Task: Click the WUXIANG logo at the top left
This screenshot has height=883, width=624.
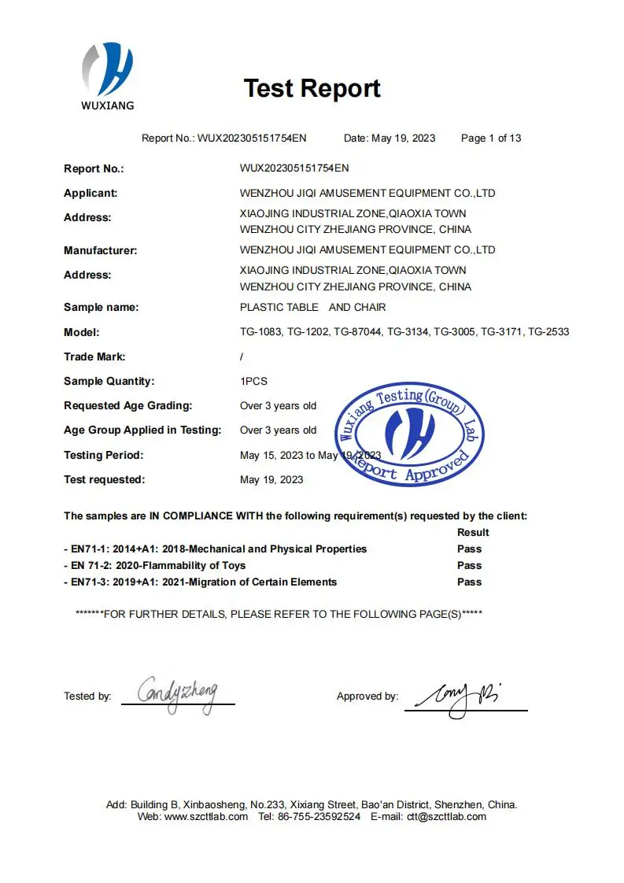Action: (108, 75)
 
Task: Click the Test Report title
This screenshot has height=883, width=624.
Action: (312, 88)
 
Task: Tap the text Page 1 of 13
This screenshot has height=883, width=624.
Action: (491, 139)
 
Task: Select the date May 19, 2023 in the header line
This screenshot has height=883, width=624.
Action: (403, 139)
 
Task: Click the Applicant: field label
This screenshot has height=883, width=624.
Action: (90, 193)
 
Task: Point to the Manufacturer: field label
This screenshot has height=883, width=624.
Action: (100, 250)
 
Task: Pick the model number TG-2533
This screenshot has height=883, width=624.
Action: (548, 332)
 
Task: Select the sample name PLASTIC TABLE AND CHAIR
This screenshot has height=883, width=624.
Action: (312, 307)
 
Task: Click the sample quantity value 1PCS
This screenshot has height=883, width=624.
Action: (253, 381)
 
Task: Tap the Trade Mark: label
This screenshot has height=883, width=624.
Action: (94, 357)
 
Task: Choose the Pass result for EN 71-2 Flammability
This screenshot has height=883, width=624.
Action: (469, 565)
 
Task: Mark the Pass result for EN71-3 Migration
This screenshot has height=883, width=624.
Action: (469, 582)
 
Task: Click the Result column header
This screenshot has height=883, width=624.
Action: (473, 532)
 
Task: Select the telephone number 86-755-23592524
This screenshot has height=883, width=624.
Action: (318, 816)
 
